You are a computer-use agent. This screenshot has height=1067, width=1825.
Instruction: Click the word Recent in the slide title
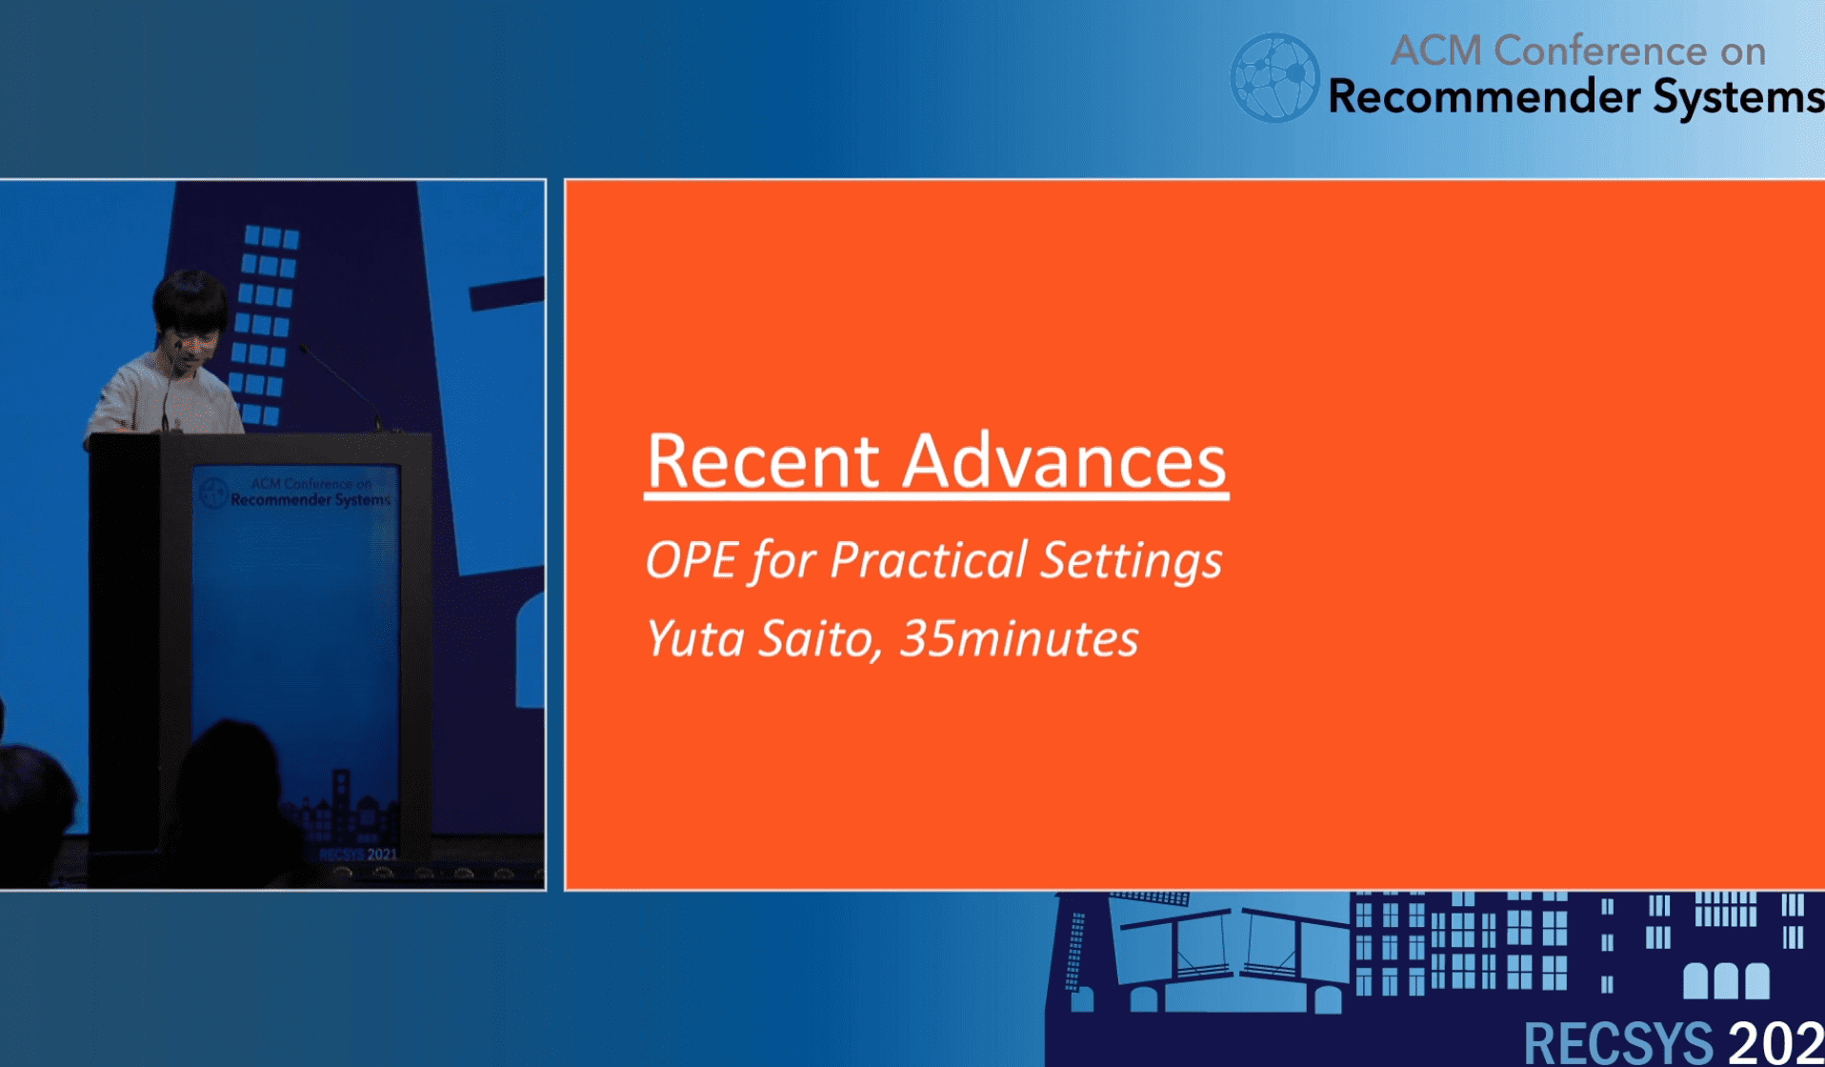click(762, 461)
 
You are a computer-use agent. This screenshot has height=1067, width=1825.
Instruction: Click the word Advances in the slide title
click(1064, 461)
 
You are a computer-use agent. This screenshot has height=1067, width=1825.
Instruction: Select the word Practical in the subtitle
click(930, 559)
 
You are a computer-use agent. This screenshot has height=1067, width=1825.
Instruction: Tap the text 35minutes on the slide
click(1019, 638)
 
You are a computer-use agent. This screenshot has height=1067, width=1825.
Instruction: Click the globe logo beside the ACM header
click(1274, 78)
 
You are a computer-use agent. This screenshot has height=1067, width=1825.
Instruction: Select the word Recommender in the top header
click(1484, 97)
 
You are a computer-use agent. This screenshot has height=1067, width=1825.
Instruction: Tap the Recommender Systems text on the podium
click(311, 500)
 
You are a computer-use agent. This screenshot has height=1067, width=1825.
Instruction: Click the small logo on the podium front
click(212, 492)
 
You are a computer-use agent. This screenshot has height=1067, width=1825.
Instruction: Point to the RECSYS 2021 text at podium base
click(358, 855)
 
